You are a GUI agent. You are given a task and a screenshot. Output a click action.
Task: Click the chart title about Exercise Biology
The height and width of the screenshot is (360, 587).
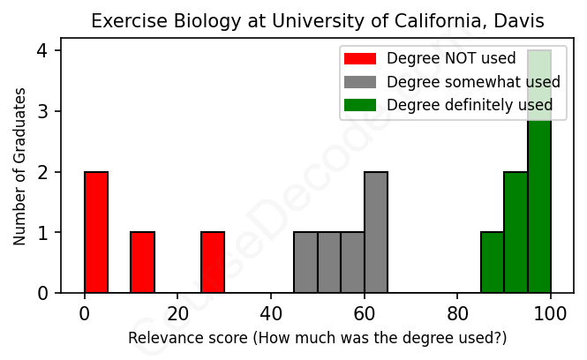[x=318, y=20]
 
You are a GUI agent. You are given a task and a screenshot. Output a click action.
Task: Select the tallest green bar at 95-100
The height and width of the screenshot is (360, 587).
[x=539, y=176]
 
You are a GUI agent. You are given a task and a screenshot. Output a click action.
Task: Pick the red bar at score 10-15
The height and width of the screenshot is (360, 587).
[x=143, y=262]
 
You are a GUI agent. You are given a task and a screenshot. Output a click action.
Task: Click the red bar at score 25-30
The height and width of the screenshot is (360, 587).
[x=213, y=262]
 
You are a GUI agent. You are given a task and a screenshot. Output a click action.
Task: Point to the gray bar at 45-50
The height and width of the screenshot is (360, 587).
[x=306, y=262]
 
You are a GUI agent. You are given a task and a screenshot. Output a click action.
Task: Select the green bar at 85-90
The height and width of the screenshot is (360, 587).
[x=493, y=262]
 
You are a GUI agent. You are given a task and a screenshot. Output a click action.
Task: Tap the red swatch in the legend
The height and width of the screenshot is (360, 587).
[x=359, y=59]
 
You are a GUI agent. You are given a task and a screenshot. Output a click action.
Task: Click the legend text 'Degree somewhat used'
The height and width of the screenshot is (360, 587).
[x=473, y=82]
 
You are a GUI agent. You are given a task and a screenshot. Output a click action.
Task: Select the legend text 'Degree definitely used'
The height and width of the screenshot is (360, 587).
[x=470, y=105]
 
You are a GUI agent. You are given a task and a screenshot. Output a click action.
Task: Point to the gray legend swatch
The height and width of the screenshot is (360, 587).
[x=359, y=82]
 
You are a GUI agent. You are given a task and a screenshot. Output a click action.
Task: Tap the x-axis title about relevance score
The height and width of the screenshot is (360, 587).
[x=318, y=338]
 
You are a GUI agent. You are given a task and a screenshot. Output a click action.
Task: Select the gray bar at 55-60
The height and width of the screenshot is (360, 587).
[x=353, y=262]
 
